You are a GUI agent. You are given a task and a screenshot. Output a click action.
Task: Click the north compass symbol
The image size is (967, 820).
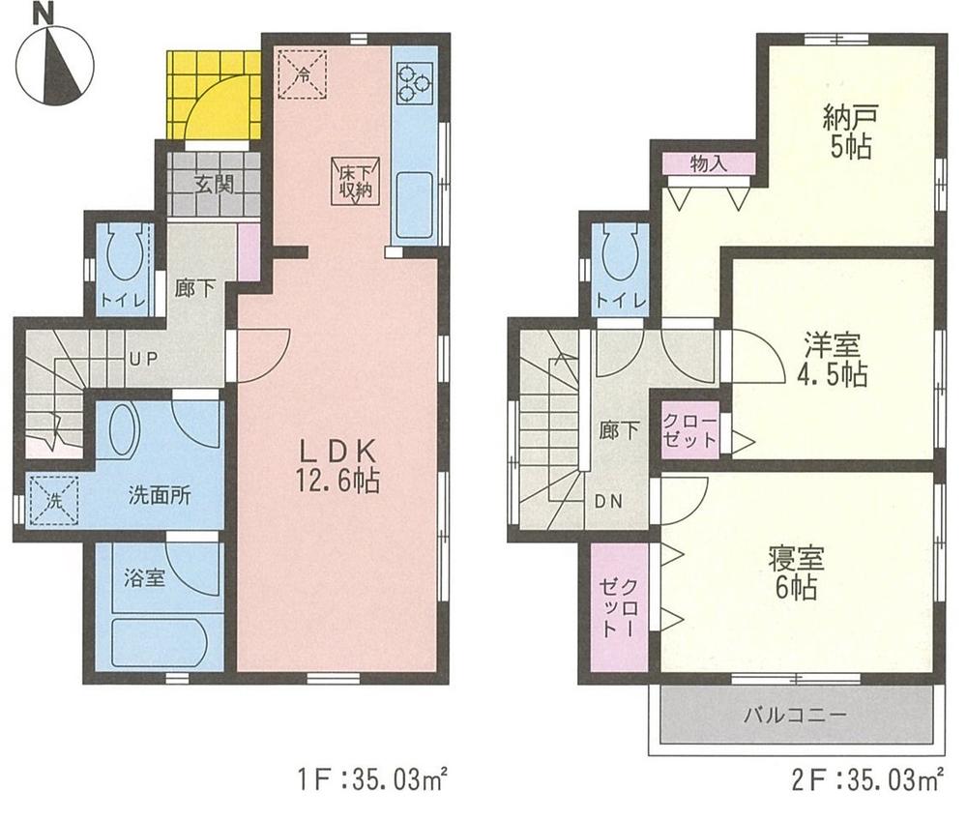56,62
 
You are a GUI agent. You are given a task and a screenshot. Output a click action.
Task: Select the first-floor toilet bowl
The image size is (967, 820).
123,258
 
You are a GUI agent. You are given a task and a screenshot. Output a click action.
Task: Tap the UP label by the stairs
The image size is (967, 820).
142,357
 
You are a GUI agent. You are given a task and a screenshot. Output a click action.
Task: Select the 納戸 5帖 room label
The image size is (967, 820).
848,133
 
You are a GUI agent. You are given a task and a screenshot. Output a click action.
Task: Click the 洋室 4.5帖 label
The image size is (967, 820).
831,360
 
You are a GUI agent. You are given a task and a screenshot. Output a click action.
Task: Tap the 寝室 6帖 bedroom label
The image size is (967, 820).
795,571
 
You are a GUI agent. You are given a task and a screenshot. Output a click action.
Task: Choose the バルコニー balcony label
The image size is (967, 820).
795,717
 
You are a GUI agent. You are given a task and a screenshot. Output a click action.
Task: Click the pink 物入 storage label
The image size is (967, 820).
710,164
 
